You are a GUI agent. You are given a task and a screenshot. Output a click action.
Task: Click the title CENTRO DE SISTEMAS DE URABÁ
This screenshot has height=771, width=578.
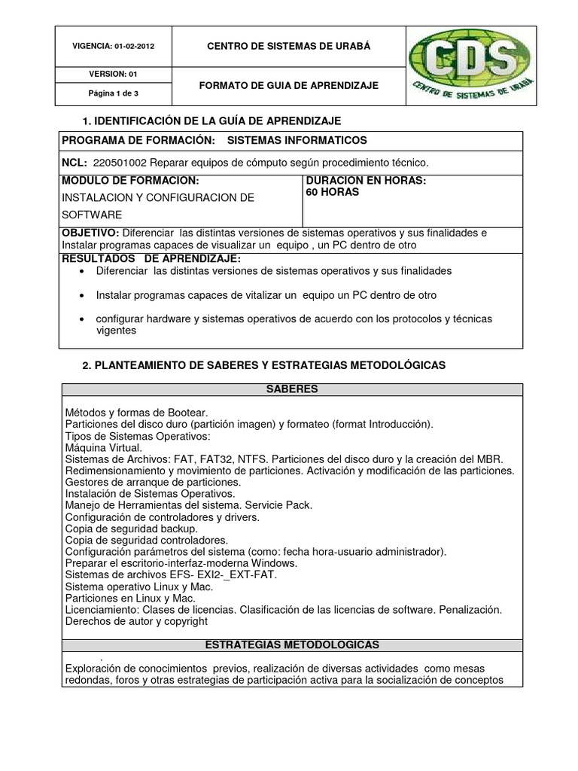point(289,46)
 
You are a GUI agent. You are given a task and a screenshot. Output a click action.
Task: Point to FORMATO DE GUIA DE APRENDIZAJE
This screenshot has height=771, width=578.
point(289,86)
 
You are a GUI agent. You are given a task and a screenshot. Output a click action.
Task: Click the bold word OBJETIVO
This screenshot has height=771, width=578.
point(90,233)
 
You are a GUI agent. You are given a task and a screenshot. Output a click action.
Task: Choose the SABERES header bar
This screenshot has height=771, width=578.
point(291,389)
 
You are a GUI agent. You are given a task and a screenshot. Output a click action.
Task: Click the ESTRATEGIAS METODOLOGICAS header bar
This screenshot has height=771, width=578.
point(291,645)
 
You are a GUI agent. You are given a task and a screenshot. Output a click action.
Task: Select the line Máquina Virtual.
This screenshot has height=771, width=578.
point(102,448)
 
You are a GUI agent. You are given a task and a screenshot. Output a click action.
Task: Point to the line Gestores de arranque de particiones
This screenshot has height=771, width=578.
point(153,482)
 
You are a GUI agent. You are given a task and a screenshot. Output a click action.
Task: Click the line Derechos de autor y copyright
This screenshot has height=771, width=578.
point(135,622)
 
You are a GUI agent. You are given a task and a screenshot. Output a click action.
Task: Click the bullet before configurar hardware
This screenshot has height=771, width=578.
point(81,319)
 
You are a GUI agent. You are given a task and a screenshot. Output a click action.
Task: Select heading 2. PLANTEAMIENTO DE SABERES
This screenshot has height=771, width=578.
point(263,365)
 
